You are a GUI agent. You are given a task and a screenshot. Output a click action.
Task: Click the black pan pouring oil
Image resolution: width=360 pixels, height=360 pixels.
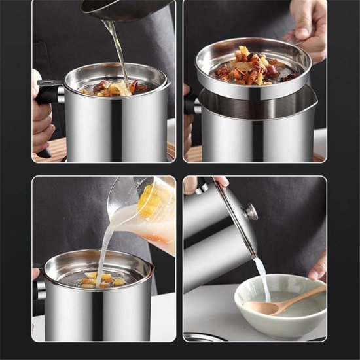124,9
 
